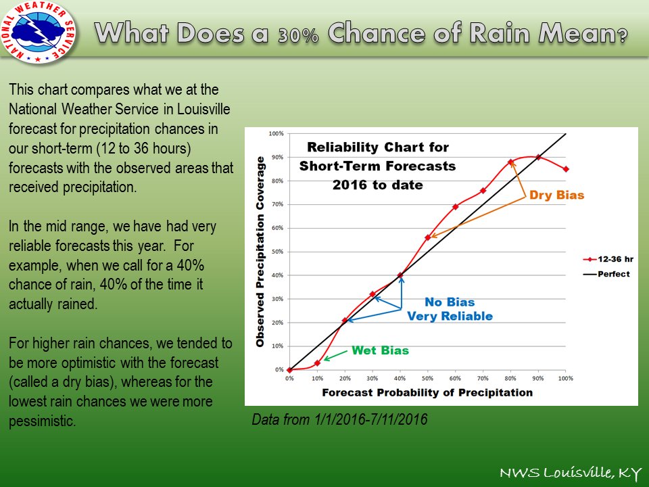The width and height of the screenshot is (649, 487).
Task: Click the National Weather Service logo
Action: point(39,32)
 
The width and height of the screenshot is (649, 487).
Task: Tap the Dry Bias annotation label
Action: point(556,195)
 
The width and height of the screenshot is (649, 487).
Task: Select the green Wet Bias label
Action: point(380,350)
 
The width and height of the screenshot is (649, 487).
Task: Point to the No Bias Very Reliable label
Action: point(450,309)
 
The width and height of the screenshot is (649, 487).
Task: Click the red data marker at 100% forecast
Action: point(566,169)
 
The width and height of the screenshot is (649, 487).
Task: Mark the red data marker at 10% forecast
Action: point(317,363)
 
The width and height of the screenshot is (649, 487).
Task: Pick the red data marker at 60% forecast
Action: point(456,206)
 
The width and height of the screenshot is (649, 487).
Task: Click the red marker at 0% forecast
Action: point(289,370)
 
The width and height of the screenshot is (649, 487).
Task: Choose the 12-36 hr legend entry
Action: point(606,258)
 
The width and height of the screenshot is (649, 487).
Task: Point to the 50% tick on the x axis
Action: point(427,378)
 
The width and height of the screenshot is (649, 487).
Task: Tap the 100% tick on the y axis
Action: point(276,133)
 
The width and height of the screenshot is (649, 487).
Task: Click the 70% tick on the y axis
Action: point(276,204)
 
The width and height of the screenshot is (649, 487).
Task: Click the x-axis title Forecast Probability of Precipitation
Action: point(427,392)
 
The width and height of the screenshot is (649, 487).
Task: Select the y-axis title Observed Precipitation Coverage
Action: point(260,252)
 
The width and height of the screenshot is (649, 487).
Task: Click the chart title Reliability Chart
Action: point(377,147)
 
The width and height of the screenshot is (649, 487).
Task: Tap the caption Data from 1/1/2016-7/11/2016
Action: point(339,420)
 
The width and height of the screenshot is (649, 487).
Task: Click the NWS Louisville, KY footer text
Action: point(571,471)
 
